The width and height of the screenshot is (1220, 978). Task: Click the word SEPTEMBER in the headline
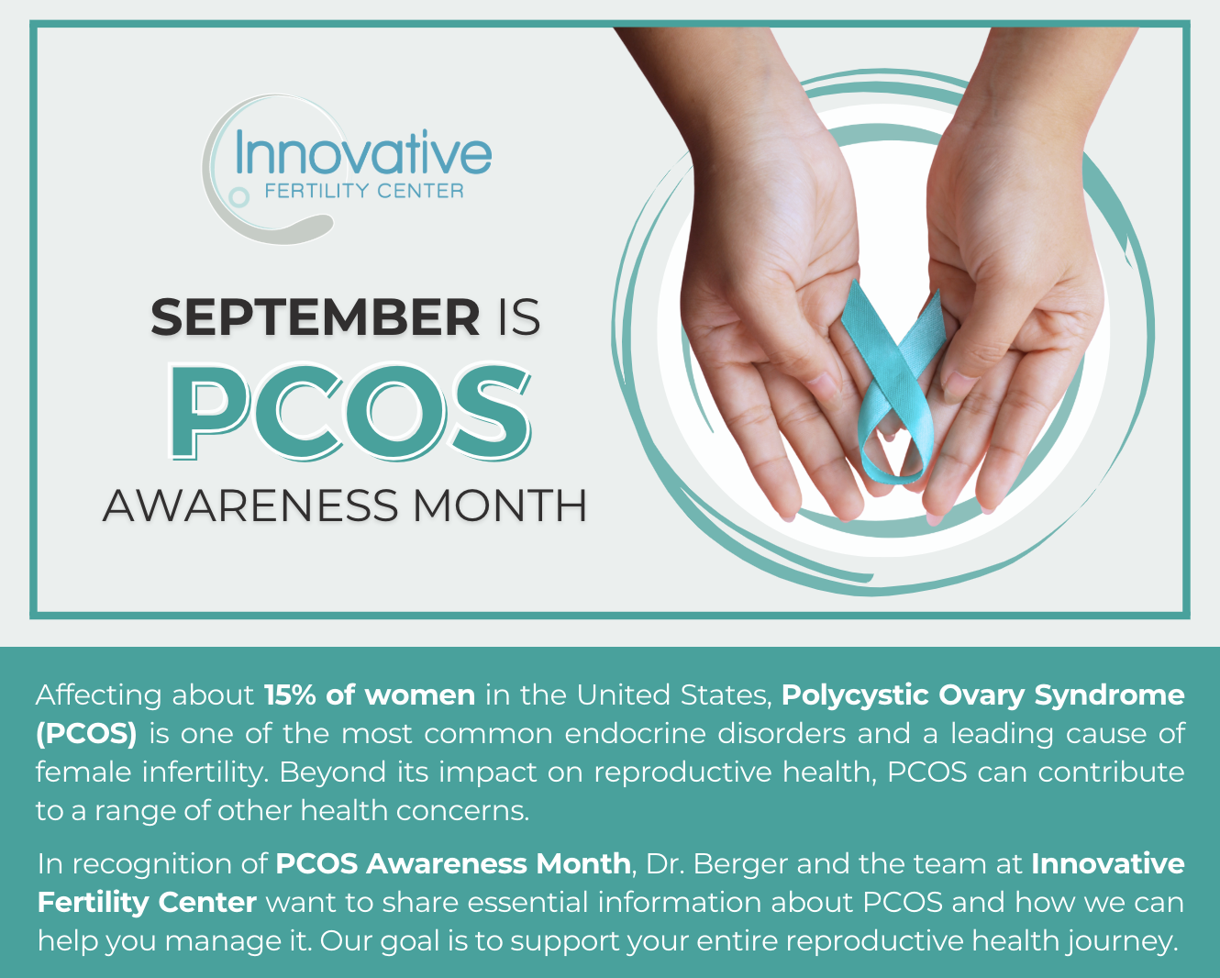tap(316, 317)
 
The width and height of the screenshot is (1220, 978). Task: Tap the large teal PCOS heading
tap(350, 412)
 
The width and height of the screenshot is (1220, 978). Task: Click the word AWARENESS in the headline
tap(250, 506)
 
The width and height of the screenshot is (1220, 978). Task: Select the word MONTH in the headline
tap(499, 506)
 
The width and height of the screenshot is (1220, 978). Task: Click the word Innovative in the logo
tap(363, 152)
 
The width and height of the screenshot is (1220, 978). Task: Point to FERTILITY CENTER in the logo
tap(364, 191)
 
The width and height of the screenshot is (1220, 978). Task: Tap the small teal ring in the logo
tap(238, 198)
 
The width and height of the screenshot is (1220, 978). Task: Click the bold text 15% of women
tap(370, 695)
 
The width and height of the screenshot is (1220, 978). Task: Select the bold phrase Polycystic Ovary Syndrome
tap(983, 696)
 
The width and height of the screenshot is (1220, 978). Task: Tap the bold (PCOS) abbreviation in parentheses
tap(87, 734)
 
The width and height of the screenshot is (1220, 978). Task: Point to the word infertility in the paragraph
tap(205, 772)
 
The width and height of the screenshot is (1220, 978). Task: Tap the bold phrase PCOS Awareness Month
tap(453, 864)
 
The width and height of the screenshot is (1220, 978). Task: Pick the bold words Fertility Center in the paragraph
tap(147, 903)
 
